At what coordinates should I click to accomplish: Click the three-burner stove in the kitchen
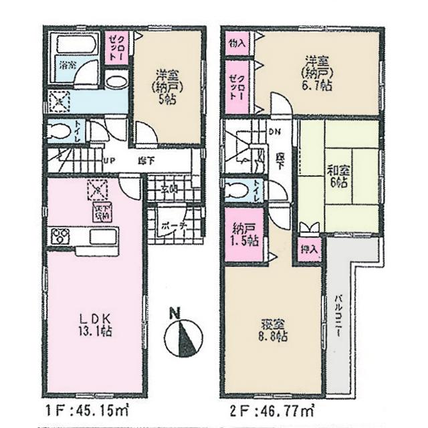point(60,235)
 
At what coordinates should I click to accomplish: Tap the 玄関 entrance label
point(169,188)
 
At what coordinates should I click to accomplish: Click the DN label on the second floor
point(274,132)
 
